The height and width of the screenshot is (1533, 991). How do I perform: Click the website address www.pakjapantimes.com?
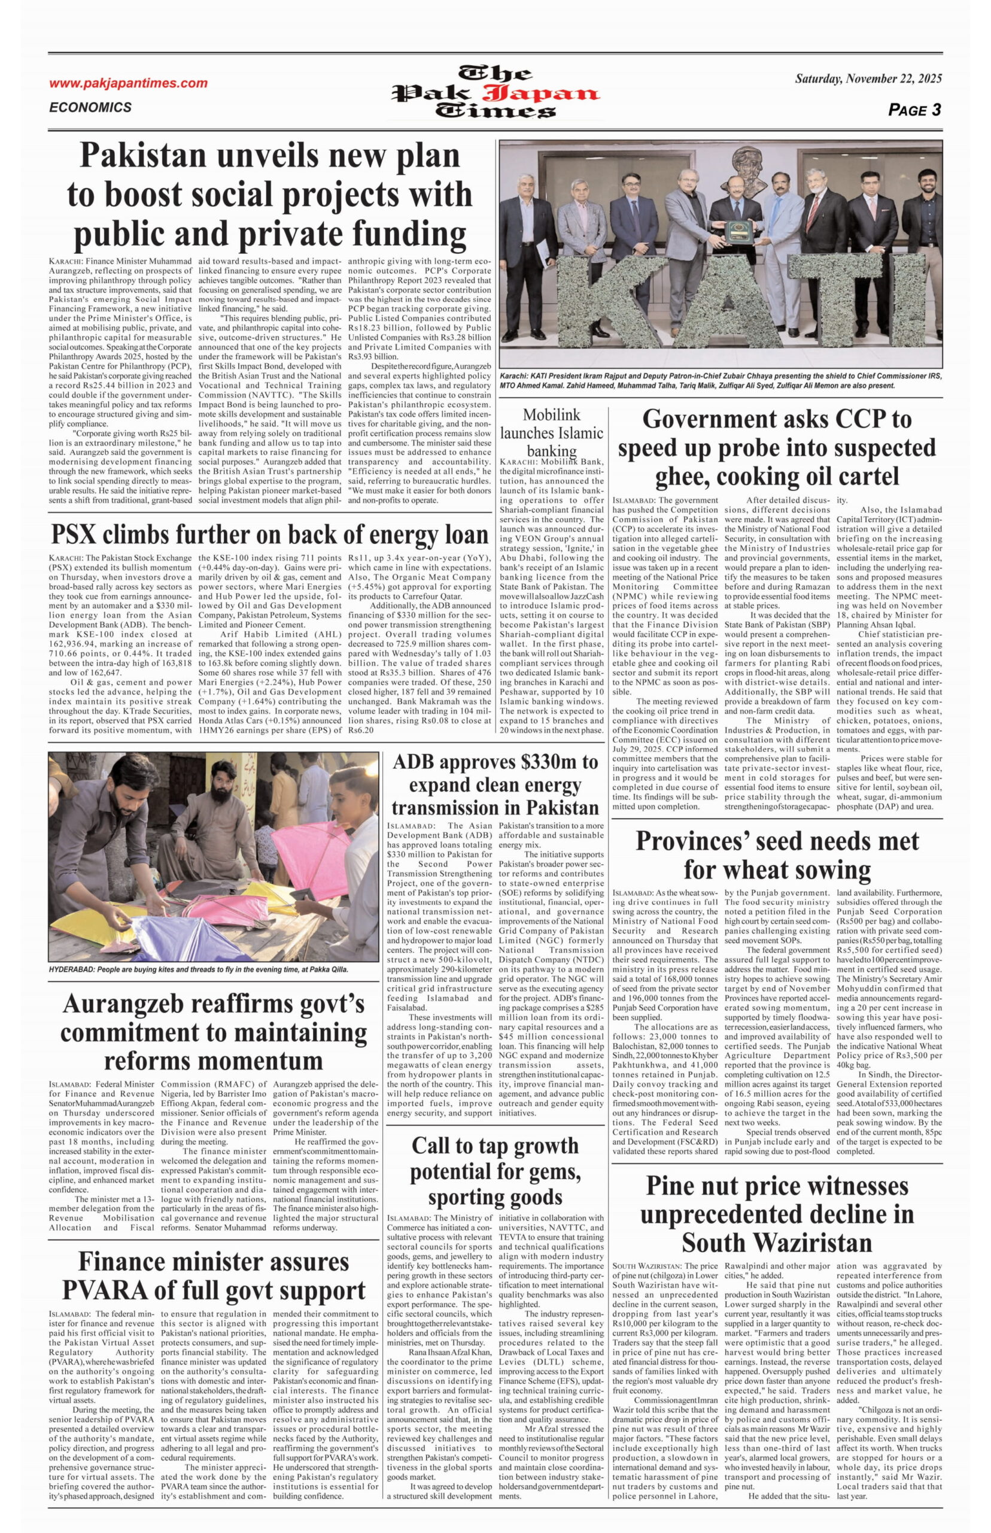coord(128,83)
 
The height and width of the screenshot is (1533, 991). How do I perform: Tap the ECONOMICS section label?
coord(90,108)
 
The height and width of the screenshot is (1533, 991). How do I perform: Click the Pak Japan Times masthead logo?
coord(495,93)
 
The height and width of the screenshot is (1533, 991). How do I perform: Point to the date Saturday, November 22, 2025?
coord(868,79)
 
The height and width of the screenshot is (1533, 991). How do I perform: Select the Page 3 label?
coord(914,110)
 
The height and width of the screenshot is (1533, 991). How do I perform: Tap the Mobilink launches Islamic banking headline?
coord(552,432)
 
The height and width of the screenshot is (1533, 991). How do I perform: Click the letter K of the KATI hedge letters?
coord(556,308)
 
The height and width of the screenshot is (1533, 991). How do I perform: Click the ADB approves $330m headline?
coord(495,785)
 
